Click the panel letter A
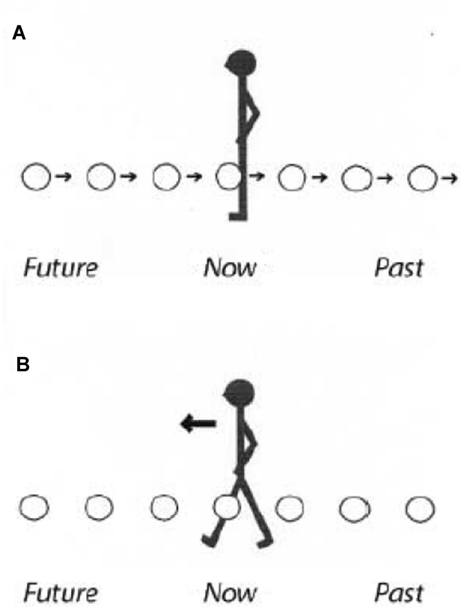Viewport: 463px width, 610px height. pos(19,33)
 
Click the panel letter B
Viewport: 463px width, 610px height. pos(22,364)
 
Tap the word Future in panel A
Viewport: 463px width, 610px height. pos(61,267)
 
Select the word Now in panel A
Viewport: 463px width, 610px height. pos(230,267)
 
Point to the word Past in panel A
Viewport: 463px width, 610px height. pos(399,267)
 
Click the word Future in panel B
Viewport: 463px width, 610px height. pos(61,593)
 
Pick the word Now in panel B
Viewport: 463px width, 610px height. pos(230,593)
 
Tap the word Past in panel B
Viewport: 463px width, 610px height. pos(399,593)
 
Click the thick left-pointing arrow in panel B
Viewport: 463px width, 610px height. pos(198,423)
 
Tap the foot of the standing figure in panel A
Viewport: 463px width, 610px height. pos(237,217)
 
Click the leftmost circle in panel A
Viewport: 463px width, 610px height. pos(35,177)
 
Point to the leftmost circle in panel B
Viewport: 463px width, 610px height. pos(34,508)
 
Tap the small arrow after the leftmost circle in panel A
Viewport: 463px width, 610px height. pos(64,177)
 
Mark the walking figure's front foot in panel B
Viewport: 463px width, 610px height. pos(209,540)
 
